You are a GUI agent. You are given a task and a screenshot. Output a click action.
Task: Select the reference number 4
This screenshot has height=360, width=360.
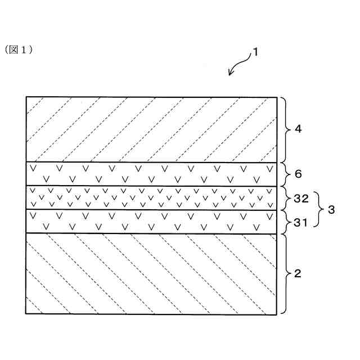[x=299, y=129]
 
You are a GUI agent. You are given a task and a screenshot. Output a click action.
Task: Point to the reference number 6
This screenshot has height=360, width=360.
[x=299, y=174]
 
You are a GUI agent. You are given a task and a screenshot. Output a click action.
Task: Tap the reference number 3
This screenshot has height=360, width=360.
[x=331, y=210]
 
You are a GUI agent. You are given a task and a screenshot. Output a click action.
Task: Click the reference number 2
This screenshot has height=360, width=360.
[x=299, y=274]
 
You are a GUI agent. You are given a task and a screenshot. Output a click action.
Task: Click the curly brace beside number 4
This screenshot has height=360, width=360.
[x=285, y=129]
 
